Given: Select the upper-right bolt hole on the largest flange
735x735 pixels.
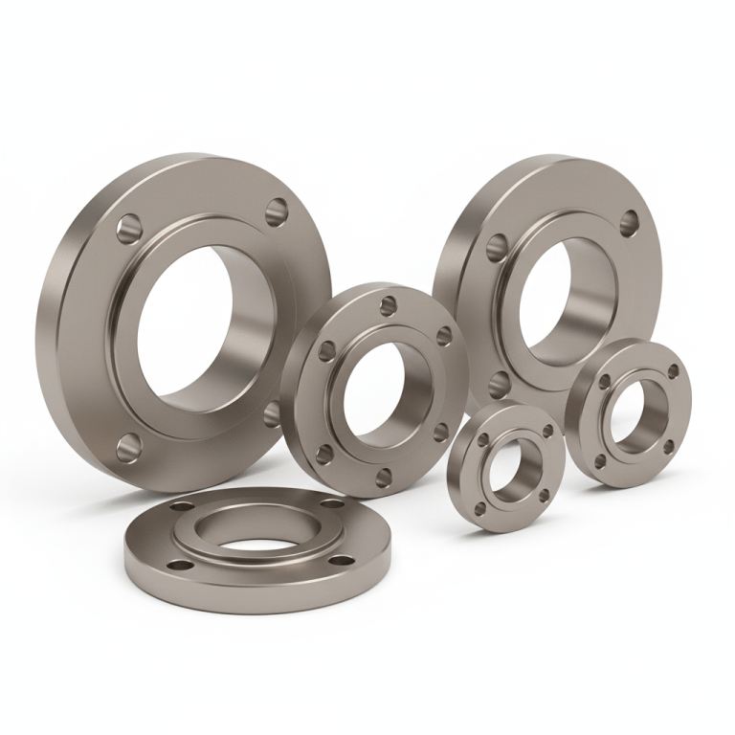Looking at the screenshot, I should coord(277,211).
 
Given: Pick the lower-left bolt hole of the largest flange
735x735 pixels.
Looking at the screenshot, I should coord(128,446).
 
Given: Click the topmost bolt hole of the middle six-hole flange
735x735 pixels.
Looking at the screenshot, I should coord(388,305).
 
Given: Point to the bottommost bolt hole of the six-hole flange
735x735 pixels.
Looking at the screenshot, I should coord(384,478).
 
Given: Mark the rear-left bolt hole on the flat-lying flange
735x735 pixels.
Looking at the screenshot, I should coord(183,505).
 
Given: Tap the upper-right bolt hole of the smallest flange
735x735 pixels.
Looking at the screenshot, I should coord(547,432).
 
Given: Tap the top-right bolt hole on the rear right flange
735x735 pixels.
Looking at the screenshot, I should coord(629,223).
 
